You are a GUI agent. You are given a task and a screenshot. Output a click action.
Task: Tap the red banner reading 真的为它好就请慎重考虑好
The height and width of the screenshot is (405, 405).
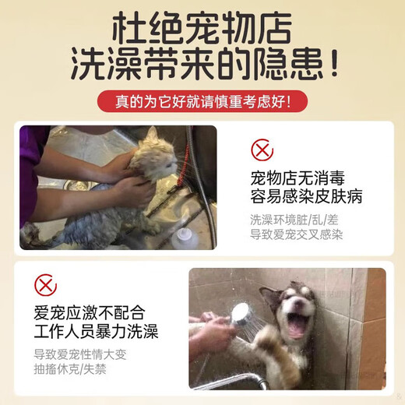202,101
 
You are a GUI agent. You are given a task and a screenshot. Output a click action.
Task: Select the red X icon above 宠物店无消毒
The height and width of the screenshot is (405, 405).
262,150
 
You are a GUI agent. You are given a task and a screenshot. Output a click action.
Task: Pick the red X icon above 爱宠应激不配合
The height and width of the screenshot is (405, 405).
45,285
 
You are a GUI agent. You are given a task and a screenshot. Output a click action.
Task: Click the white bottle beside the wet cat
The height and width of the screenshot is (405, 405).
185,238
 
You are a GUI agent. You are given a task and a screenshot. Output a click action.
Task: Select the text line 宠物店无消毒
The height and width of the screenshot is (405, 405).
298,178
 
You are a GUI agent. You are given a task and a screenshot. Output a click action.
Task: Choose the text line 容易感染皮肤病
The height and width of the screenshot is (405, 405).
306,197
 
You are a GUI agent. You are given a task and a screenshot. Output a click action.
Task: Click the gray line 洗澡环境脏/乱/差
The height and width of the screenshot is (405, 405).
294,220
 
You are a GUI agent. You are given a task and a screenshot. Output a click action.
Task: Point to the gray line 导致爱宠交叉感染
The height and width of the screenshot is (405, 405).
297,234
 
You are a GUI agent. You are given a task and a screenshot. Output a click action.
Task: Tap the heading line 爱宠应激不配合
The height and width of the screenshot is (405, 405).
90,312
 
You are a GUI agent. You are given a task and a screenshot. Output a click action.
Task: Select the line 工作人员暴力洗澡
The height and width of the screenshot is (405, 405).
96,332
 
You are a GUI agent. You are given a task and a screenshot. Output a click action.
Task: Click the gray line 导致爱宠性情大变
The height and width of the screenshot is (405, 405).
80,354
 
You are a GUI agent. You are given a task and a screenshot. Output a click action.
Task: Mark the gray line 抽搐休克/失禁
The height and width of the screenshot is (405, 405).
70,369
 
